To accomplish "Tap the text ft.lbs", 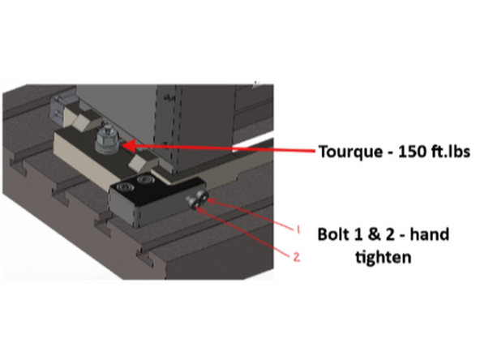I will tap(447, 151).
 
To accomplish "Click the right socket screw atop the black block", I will tap(146, 178).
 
